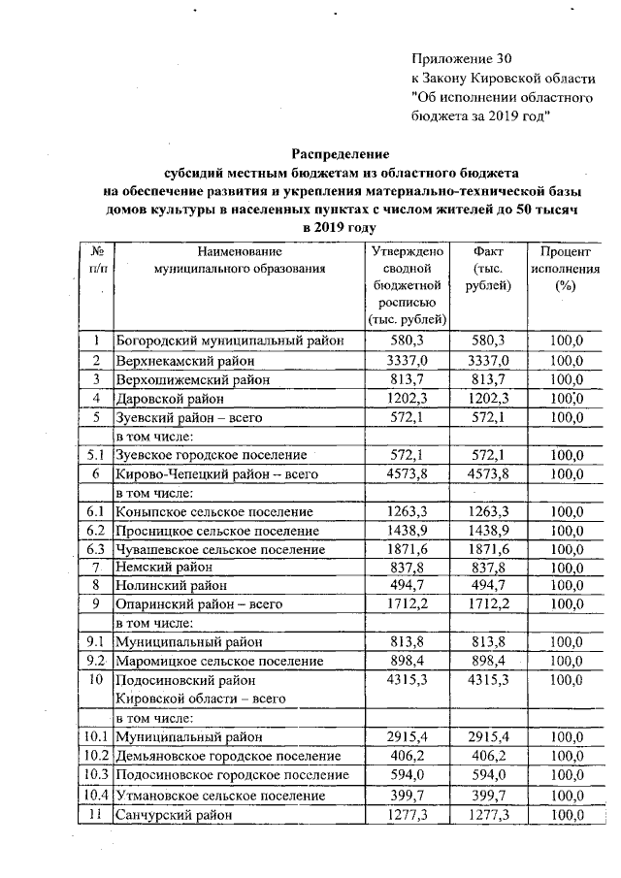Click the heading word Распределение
click(x=341, y=154)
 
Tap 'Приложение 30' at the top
click(x=460, y=59)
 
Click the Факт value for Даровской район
click(x=488, y=399)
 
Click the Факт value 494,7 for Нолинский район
click(x=488, y=586)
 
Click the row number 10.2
click(x=96, y=757)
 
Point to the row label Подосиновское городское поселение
click(x=232, y=776)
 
